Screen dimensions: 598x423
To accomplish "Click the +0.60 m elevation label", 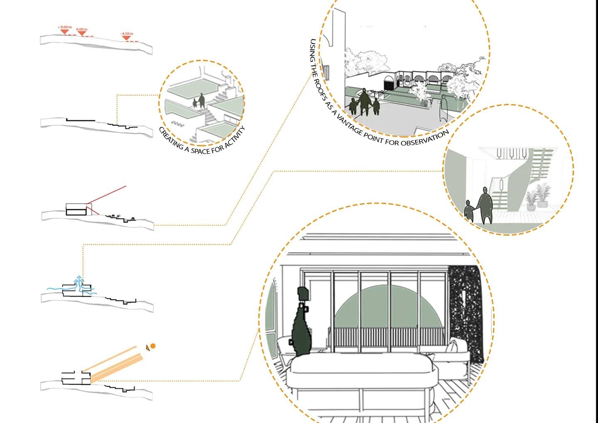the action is click(64, 27).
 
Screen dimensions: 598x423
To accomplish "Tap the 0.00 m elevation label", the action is click(82, 30).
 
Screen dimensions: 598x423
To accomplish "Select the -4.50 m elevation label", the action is click(127, 34).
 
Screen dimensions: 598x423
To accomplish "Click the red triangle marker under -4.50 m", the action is click(126, 38).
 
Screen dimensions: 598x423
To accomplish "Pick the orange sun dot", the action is click(153, 346).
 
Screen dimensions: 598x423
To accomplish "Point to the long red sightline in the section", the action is click(106, 195).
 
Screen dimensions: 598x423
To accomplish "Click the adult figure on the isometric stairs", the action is click(202, 101).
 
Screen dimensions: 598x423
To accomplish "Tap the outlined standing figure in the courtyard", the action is click(443, 108).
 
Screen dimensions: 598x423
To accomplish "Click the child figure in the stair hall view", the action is click(468, 211).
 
